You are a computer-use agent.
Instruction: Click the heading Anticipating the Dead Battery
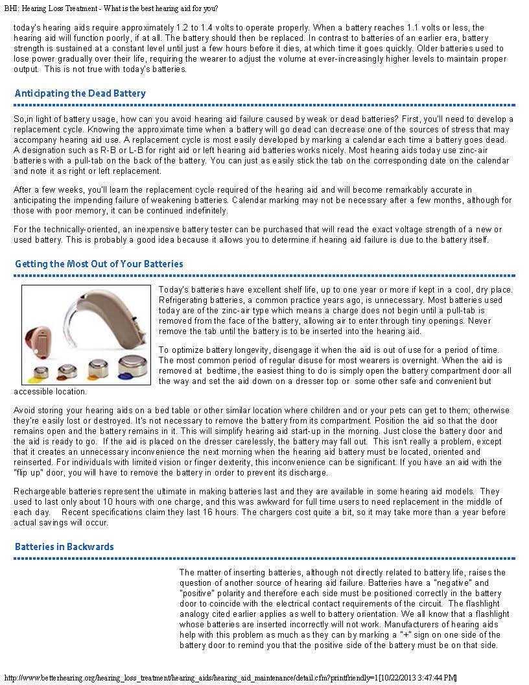80,93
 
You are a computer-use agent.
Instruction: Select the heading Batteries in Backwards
64,547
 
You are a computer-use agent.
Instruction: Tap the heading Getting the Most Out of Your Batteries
99,264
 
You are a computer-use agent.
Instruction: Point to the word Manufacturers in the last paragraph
405,625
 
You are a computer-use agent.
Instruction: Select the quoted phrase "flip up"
26,472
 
